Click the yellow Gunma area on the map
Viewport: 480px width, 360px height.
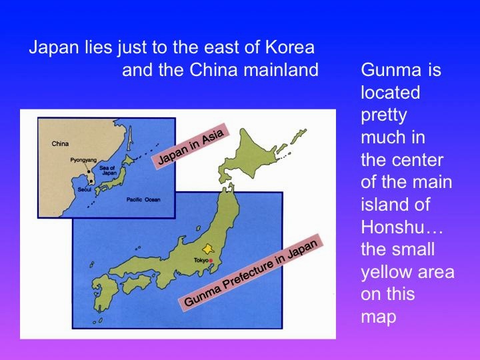coord(208,249)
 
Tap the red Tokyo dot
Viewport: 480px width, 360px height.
coord(211,261)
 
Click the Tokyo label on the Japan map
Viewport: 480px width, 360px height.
coord(201,260)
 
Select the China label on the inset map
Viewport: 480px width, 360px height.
coord(60,143)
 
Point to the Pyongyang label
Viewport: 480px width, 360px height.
coord(83,160)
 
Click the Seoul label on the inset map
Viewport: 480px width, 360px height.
coord(85,189)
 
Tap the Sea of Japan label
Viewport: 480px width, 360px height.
coord(108,171)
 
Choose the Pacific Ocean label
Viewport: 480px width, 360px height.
coord(143,199)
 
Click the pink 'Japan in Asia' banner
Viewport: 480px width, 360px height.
coord(191,146)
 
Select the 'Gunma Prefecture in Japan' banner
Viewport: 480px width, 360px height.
coord(251,273)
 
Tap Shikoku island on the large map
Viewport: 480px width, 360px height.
coord(137,283)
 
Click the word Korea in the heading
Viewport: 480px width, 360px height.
coord(289,47)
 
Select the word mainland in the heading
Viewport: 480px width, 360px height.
coord(281,70)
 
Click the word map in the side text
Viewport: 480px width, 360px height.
coord(379,317)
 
